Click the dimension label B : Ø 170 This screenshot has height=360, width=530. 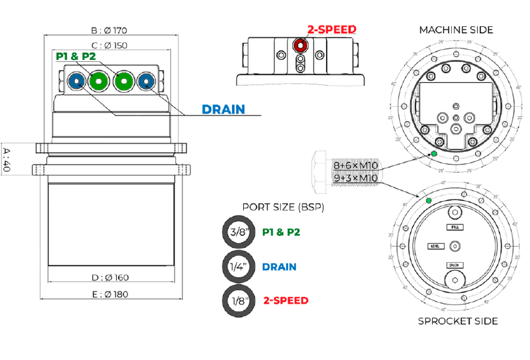[108, 30]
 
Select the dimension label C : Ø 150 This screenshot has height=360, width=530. [109, 45]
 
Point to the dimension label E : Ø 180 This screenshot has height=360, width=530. [109, 294]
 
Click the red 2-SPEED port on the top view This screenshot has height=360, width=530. [300, 46]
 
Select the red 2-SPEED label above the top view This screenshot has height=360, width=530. [332, 29]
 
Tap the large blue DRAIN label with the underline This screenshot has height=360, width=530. [224, 109]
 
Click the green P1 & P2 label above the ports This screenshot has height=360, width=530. [76, 57]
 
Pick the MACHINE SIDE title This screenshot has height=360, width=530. [456, 30]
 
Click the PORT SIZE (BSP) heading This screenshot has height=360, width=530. [283, 207]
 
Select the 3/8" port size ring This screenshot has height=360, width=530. [238, 232]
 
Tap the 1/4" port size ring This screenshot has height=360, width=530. [238, 266]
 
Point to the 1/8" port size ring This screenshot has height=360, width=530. [238, 300]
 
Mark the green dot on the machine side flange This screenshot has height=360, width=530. [434, 154]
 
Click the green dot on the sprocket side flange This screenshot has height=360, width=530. [428, 200]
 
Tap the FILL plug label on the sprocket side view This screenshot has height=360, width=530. [455, 227]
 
